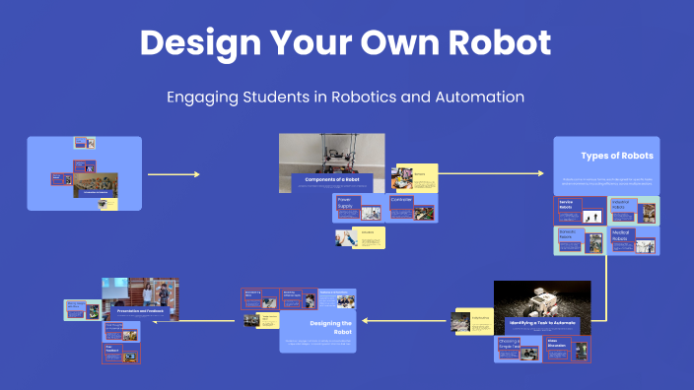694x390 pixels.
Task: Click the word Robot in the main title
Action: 497,42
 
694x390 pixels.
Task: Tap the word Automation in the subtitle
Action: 477,97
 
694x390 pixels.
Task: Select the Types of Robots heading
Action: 616,156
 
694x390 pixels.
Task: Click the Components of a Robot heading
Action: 331,179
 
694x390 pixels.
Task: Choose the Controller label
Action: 401,200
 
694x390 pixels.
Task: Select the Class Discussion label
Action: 558,344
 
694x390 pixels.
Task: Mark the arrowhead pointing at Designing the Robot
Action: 366,320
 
